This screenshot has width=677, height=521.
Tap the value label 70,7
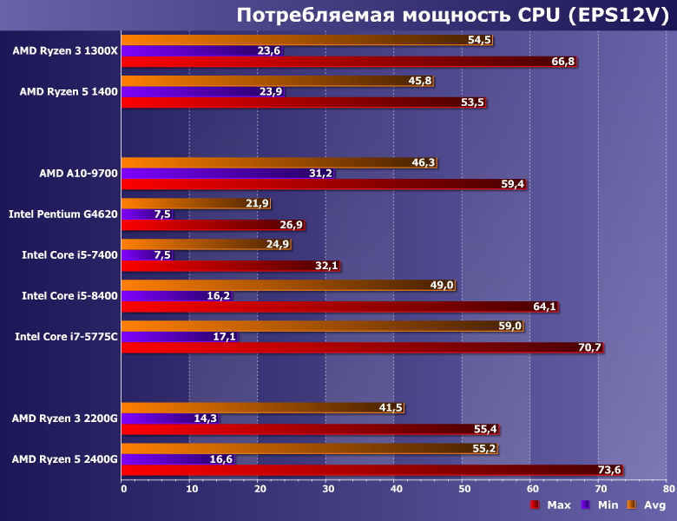pyautogui.click(x=589, y=347)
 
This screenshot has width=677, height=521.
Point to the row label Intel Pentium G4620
pyautogui.click(x=62, y=213)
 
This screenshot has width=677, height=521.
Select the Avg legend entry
pyautogui.click(x=647, y=505)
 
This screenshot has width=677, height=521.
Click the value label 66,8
pyautogui.click(x=563, y=62)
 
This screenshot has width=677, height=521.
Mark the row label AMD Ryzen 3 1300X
pyautogui.click(x=64, y=50)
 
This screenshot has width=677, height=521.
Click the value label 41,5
pyautogui.click(x=391, y=407)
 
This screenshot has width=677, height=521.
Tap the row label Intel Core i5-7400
pyautogui.click(x=69, y=254)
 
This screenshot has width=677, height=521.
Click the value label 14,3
pyautogui.click(x=206, y=419)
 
